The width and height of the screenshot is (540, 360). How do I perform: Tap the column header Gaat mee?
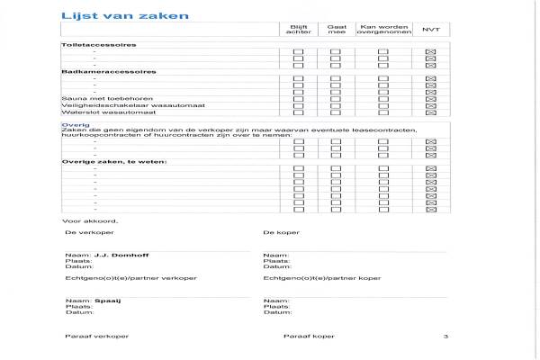pyautogui.click(x=336, y=30)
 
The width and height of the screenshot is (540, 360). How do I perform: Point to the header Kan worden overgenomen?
pyautogui.click(x=382, y=30)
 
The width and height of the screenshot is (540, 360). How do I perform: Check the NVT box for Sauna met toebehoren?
pyautogui.click(x=430, y=98)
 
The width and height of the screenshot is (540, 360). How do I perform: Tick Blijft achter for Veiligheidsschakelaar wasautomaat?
pyautogui.click(x=298, y=105)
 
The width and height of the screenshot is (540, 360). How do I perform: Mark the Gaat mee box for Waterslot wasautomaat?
pyautogui.click(x=336, y=112)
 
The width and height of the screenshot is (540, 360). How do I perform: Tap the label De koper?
pyautogui.click(x=281, y=232)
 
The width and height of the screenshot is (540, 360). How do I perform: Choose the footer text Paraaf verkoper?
pyautogui.click(x=96, y=336)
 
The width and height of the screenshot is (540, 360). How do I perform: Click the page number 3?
pyautogui.click(x=445, y=336)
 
